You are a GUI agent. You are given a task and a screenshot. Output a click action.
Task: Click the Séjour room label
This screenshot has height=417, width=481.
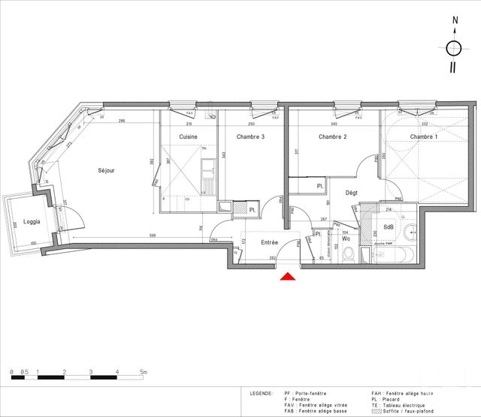coord(106,171)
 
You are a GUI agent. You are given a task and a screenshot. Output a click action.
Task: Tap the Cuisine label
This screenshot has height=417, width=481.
coord(188,137)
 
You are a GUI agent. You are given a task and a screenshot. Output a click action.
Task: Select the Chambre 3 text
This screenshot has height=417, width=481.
coord(251,137)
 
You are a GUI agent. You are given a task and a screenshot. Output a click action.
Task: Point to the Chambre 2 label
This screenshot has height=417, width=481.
coord(331,137)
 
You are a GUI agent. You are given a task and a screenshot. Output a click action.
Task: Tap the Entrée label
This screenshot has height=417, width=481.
coord(269,242)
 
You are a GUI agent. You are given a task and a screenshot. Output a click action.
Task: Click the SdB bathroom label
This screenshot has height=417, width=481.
coord(389,227)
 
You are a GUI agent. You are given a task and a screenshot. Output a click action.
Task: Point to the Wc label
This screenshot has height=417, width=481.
coord(346,238)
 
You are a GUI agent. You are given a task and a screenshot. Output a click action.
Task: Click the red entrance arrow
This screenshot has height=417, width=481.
coord(288,277)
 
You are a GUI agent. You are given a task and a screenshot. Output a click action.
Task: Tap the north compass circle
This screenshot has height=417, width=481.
coord(454,48)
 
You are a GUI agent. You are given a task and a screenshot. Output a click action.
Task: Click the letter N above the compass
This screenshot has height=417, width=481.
coord(454,22)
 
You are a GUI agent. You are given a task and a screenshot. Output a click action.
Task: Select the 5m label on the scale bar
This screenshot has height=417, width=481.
coord(143,372)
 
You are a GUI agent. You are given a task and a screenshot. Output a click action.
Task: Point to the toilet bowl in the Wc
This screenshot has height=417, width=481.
coord(347,254)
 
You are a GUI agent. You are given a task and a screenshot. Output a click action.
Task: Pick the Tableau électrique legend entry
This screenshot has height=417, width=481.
coord(405,406)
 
